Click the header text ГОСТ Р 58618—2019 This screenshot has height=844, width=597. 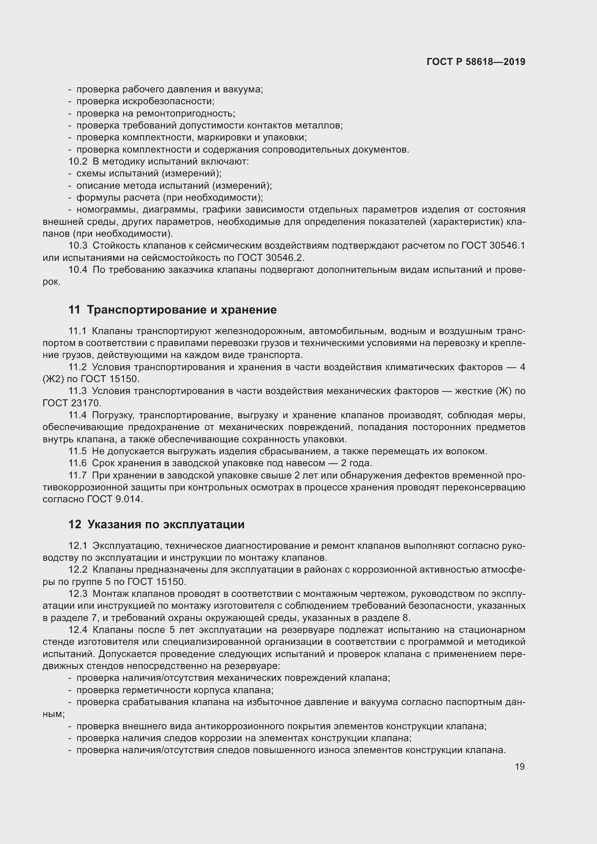point(476,62)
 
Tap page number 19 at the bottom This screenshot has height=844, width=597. point(519,766)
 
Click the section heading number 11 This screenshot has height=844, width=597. point(74,310)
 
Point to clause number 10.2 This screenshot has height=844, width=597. point(78,161)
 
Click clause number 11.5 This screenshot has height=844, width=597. point(78,451)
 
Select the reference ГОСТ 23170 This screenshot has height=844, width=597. point(72,403)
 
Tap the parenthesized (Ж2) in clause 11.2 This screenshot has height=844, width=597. point(53,379)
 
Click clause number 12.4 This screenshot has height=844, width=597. point(78,630)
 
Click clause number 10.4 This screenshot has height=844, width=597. point(78,270)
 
